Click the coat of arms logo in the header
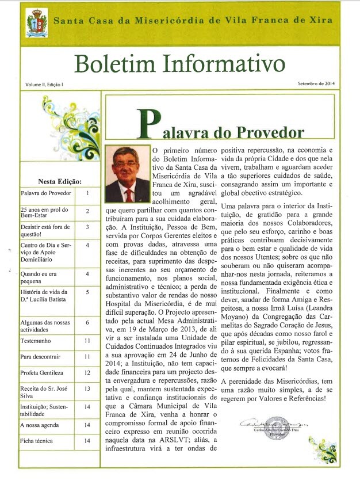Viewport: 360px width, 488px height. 37,23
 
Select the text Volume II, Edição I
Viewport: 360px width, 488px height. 44,84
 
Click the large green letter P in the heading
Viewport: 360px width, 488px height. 149,124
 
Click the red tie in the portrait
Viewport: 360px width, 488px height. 129,194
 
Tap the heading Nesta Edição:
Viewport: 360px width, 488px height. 59,181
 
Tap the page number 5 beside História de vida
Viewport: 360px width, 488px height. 87,292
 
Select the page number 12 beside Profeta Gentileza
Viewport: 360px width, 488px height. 87,373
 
